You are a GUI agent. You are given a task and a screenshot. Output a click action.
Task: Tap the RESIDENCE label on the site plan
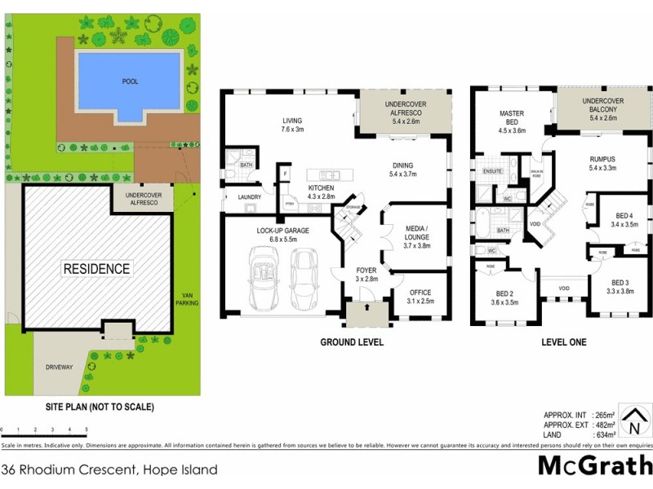point(97,268)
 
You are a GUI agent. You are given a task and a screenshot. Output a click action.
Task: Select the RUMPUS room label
point(602,163)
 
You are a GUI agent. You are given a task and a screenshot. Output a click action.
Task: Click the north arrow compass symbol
point(632,421)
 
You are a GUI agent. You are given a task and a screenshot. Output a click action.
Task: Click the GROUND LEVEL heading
point(351,342)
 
